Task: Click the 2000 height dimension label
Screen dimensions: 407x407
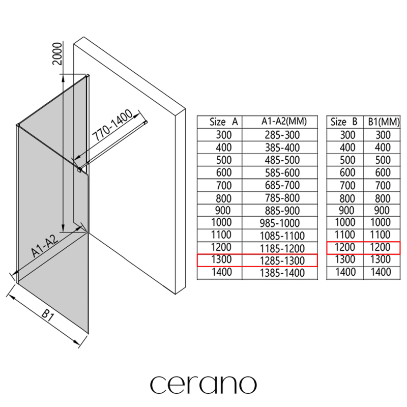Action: [x=57, y=54]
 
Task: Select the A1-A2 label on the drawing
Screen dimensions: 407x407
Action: [x=44, y=245]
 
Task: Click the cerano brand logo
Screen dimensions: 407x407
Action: [x=203, y=385]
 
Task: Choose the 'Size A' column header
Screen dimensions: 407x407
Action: [x=223, y=122]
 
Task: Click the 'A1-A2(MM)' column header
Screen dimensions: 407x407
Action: [x=284, y=121]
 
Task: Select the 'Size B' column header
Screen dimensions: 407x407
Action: [x=344, y=122]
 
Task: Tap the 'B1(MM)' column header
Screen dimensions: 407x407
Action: [x=384, y=122]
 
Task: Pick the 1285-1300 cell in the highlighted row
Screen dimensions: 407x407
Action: [x=282, y=261]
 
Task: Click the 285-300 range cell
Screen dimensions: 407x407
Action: [x=282, y=135]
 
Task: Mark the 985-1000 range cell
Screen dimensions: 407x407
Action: [x=280, y=223]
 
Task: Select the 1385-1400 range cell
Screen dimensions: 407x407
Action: [x=282, y=273]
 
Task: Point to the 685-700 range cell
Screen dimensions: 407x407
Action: [x=282, y=185]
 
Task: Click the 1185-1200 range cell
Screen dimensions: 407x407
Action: [x=282, y=248]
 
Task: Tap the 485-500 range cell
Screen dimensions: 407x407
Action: [x=282, y=160]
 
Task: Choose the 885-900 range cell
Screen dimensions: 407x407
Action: [x=282, y=211]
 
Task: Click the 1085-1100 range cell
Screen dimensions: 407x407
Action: [x=282, y=236]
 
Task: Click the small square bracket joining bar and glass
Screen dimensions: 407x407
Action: [x=79, y=170]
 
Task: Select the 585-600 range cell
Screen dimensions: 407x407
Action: [x=282, y=173]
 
